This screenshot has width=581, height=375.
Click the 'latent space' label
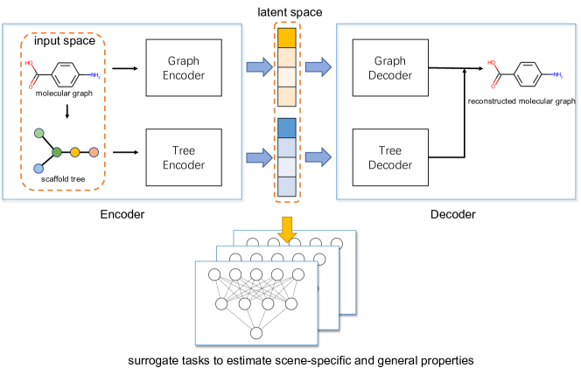tap(287, 11)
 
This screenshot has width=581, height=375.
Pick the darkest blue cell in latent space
tap(287, 127)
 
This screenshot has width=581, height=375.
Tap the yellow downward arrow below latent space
tap(287, 225)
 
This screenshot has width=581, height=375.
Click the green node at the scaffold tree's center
tap(57, 152)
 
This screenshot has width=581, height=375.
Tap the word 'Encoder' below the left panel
tap(122, 212)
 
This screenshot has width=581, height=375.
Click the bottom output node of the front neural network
tap(255, 332)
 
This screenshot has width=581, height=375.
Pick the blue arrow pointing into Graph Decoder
tap(318, 66)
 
